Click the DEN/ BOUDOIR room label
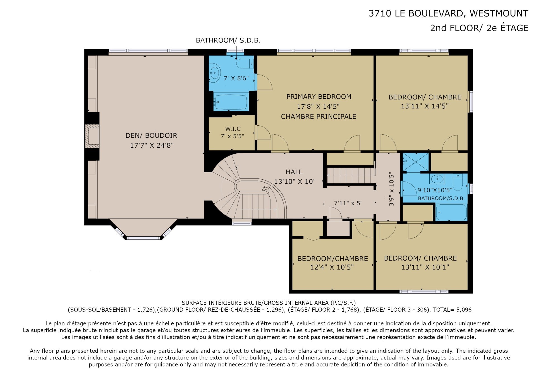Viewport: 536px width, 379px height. pos(151,135)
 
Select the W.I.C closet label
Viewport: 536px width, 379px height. pos(233,129)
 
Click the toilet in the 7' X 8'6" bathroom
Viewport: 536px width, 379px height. pos(245,64)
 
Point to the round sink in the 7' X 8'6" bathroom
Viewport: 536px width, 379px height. pos(215,73)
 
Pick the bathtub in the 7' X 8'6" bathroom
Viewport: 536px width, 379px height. pos(231,102)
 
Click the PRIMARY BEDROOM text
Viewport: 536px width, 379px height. pos(319,97)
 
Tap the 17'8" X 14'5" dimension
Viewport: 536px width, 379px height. pos(318,106)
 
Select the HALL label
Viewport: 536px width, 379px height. pos(294,172)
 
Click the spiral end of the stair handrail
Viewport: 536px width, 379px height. pos(265,190)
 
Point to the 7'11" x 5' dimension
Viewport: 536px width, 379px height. pos(348,203)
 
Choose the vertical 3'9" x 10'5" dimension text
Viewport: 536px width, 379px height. pos(391,189)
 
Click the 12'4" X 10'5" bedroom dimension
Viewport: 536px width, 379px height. pos(332,267)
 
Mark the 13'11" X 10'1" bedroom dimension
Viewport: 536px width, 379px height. pos(425,267)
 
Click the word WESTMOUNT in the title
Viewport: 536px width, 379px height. pos(499,13)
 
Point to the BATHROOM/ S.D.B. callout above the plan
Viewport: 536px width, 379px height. pos(228,40)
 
